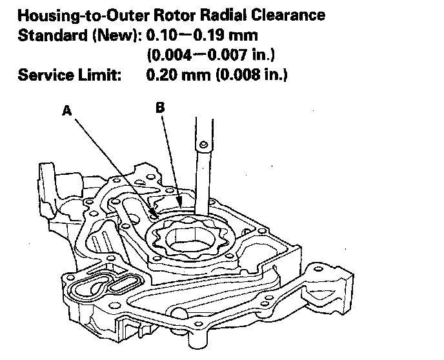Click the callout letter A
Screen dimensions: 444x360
[x=67, y=111]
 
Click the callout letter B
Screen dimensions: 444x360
[x=160, y=108]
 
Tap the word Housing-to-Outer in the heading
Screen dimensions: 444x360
[x=83, y=15]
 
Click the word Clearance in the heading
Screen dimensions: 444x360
[x=288, y=15]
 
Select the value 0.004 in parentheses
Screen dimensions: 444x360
[x=170, y=55]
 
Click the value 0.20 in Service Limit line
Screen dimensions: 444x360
[x=162, y=75]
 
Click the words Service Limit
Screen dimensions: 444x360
[x=70, y=75]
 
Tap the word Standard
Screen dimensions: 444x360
[x=53, y=35]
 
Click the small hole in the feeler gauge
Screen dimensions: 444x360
[x=203, y=145]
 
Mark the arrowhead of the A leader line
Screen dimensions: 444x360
[x=152, y=213]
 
